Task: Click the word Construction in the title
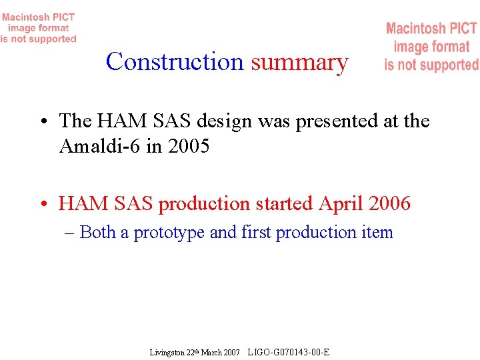(175, 62)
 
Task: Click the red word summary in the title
(299, 63)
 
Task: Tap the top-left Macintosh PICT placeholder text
(39, 28)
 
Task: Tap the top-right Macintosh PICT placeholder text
(431, 47)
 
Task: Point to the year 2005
(189, 146)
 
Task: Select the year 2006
(389, 204)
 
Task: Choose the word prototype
(169, 233)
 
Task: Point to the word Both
(99, 232)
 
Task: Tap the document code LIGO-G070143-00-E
(288, 351)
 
